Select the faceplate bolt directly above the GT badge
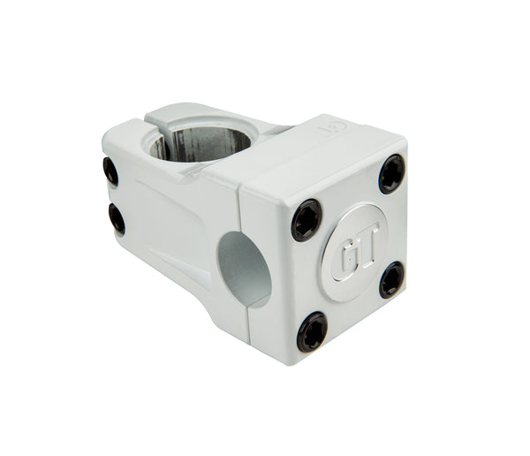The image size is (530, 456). tap(391, 173)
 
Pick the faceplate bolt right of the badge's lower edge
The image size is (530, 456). tap(391, 279)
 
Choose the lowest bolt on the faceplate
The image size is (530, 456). tap(312, 331)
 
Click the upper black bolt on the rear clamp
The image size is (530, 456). tap(110, 170)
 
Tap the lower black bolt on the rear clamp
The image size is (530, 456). tap(117, 217)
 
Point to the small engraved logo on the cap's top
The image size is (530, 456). tap(331, 133)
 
